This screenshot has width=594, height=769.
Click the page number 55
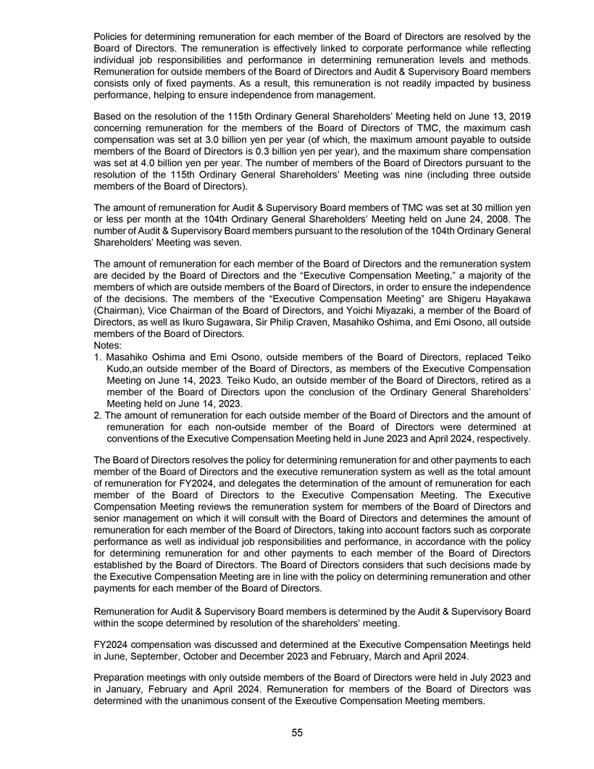[x=297, y=733]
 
